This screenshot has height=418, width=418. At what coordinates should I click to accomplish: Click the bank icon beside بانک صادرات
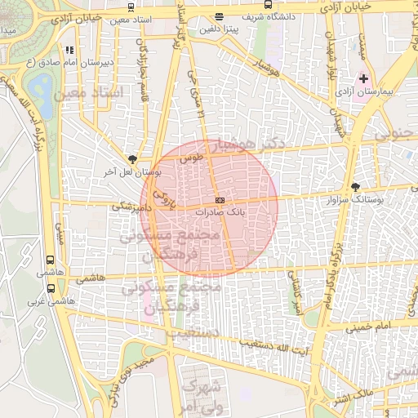pos(220,200)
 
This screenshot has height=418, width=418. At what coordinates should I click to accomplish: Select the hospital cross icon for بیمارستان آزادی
pos(364,79)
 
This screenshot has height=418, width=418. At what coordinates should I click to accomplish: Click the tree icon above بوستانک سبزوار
pos(355,187)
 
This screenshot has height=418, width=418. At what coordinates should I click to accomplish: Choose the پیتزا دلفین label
pos(219,29)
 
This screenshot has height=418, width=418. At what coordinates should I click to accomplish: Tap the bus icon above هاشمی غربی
pos(52,288)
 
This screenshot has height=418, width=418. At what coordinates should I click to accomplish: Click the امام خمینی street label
pos(367,327)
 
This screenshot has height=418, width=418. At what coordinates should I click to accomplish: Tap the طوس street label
pos(192,156)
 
